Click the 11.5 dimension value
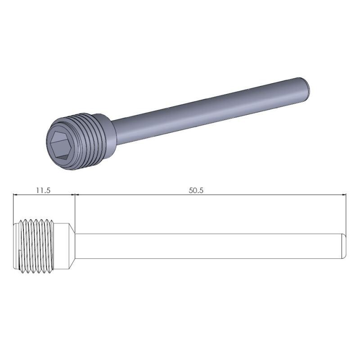click(43, 190)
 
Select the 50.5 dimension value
click(196, 190)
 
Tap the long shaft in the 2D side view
click(207, 246)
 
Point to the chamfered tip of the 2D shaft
click(344, 246)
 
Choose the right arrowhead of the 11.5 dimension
click(72, 195)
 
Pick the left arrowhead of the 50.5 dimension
click(77, 195)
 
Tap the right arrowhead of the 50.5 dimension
click(344, 195)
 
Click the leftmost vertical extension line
click(13, 207)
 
